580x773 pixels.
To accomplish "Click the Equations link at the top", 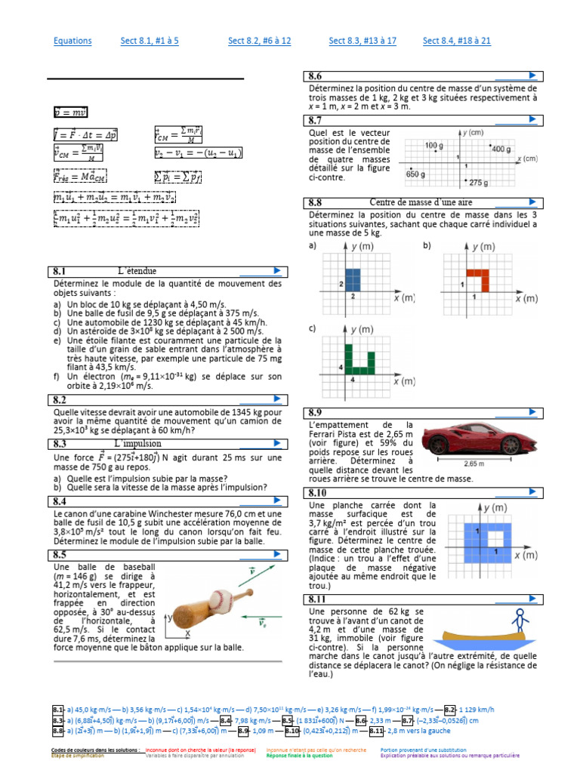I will click(x=72, y=41).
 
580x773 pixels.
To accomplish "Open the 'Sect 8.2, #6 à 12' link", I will click(x=259, y=41).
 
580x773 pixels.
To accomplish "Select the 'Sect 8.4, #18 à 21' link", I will click(x=456, y=41).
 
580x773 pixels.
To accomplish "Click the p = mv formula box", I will click(x=70, y=112).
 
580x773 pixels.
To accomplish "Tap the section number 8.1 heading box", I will click(x=60, y=271).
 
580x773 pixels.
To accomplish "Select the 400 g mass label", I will click(x=501, y=149).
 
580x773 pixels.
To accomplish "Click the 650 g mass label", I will click(x=417, y=174).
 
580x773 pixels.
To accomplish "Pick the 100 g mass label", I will click(x=433, y=145).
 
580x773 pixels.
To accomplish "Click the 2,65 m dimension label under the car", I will click(x=473, y=463).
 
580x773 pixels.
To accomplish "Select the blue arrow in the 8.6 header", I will click(x=533, y=75).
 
